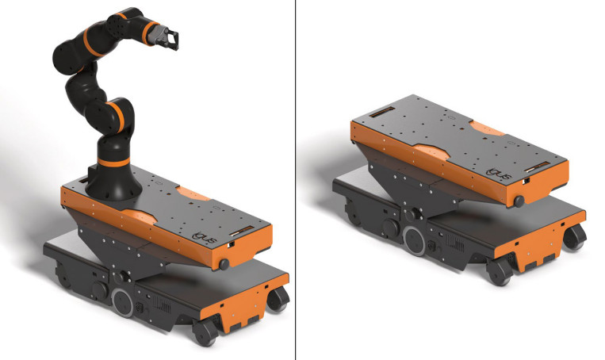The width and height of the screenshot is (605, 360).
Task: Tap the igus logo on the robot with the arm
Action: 206,238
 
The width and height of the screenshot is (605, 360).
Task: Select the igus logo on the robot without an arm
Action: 500,174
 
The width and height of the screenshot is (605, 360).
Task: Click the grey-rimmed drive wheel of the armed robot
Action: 123,302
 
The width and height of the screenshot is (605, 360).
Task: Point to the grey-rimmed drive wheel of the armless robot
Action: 415,241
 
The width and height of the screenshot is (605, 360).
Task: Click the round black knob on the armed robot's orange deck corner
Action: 224,264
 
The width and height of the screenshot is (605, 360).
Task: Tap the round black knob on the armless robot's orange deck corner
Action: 519,201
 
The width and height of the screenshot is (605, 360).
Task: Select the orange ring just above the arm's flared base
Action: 113,162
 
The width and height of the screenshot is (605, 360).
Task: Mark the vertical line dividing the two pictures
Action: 296,180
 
